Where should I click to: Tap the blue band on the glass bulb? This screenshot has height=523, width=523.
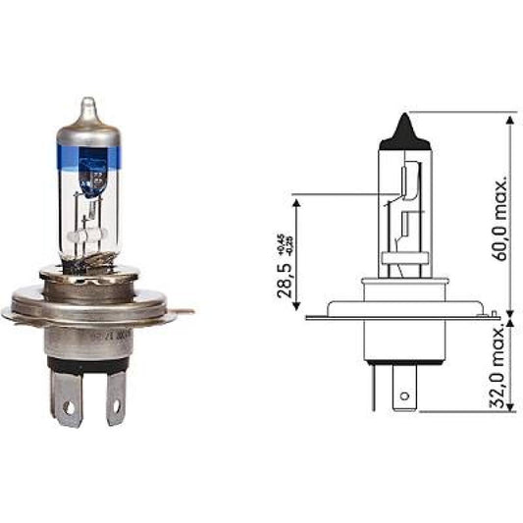tap(89, 158)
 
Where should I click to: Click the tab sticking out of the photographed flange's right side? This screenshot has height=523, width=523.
tap(183, 312)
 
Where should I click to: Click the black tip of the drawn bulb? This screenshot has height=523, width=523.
tap(404, 128)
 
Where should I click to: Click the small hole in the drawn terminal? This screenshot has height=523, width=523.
tap(401, 396)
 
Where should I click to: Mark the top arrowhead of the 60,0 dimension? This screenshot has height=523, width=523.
tap(510, 120)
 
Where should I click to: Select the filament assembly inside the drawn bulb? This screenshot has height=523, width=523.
tap(405, 206)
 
